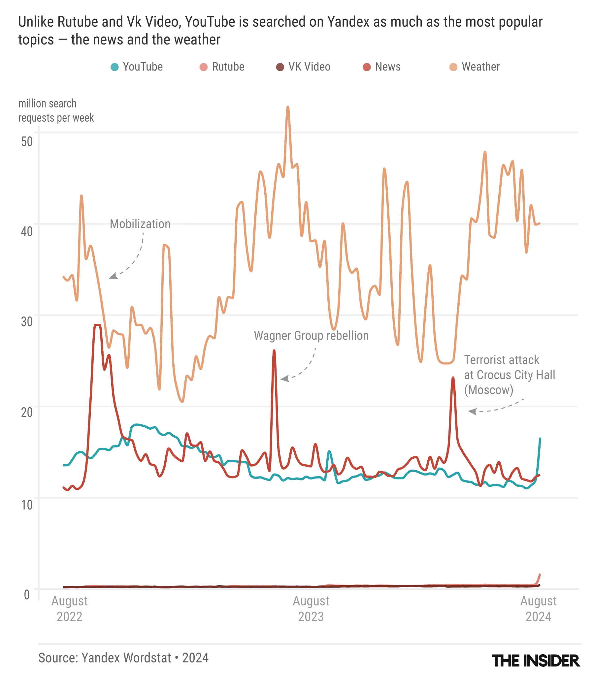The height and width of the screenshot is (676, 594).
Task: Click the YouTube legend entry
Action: [x=137, y=67]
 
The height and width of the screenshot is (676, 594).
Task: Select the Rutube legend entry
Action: [x=222, y=67]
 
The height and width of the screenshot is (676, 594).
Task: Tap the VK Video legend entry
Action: [x=303, y=67]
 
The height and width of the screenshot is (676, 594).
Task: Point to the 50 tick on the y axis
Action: [x=27, y=141]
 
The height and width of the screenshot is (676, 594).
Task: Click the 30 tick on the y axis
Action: [x=27, y=321]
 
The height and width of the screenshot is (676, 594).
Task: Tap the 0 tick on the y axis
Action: [x=27, y=594]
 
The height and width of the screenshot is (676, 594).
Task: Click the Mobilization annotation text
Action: [x=140, y=224]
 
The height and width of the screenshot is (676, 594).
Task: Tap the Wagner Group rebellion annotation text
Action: [x=311, y=336]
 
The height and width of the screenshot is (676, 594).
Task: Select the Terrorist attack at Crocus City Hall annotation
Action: [x=509, y=375]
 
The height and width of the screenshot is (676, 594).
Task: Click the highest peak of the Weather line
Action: [x=287, y=107]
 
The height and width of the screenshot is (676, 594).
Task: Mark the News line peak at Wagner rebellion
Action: [x=274, y=351]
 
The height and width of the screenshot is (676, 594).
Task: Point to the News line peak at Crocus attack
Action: [x=453, y=378]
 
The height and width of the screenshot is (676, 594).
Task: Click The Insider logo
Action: [x=536, y=661]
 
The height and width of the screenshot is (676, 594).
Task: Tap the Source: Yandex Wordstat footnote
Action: [x=123, y=658]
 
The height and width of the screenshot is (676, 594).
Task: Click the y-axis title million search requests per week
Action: [x=56, y=111]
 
